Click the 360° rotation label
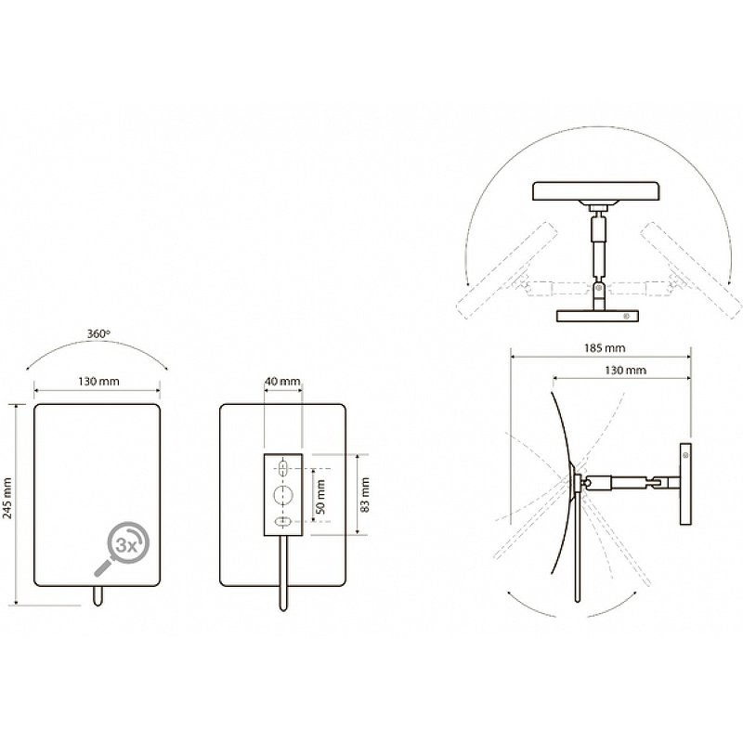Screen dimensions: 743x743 click(98, 333)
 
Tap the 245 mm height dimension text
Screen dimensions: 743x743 click(7, 499)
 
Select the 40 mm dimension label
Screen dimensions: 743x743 click(282, 381)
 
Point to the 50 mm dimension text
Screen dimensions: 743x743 click(320, 497)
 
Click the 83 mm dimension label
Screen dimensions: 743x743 click(365, 495)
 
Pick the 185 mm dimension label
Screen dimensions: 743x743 click(605, 348)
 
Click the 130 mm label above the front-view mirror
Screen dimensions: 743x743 click(98, 381)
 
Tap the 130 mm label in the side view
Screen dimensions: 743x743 click(625, 370)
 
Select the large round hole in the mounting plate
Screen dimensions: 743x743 click(283, 495)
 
